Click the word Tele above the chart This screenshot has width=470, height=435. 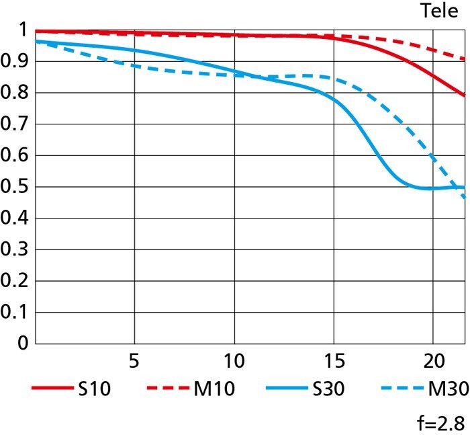click(x=440, y=11)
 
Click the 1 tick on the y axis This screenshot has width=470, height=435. click(x=22, y=31)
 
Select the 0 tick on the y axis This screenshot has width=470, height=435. click(x=22, y=344)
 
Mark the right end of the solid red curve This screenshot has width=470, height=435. click(x=464, y=95)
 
